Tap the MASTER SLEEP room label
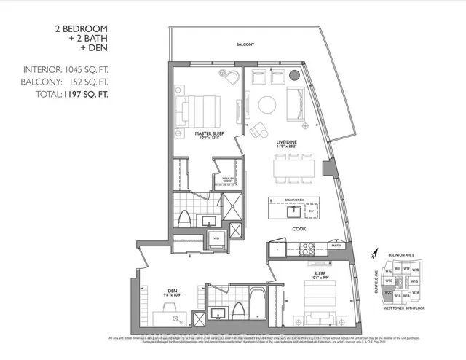[x=208, y=134]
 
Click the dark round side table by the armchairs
[x=295, y=74]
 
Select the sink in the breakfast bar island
[x=293, y=211]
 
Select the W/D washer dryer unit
[x=216, y=238]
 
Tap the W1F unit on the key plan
[x=406, y=268]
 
